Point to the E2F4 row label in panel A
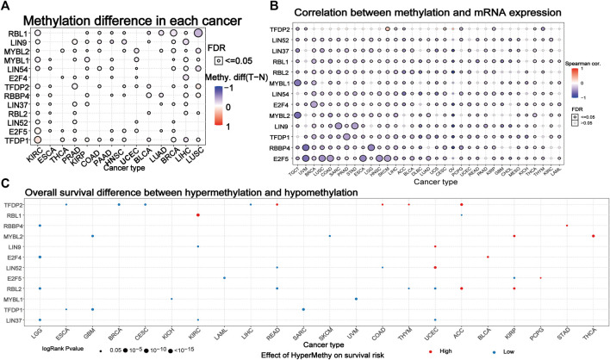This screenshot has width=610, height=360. (16, 78)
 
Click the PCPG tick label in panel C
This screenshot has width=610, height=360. (540, 333)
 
